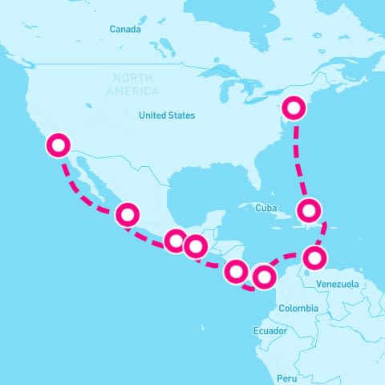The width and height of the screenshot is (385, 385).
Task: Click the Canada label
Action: (125, 30)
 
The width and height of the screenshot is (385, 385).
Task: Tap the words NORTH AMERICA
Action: (143, 84)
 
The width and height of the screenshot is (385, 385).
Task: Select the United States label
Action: (166, 115)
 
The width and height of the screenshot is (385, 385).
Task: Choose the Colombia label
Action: (298, 309)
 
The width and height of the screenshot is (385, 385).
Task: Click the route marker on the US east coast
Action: (295, 107)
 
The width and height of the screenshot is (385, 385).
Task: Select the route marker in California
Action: (59, 145)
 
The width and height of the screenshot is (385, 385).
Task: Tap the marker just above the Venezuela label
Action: (316, 258)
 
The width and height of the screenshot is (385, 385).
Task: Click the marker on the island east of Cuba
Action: (310, 211)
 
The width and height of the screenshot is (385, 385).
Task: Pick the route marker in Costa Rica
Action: (235, 271)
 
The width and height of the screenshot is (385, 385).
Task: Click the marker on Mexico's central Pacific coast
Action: (128, 214)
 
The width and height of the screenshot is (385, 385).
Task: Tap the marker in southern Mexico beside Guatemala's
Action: (175, 240)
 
